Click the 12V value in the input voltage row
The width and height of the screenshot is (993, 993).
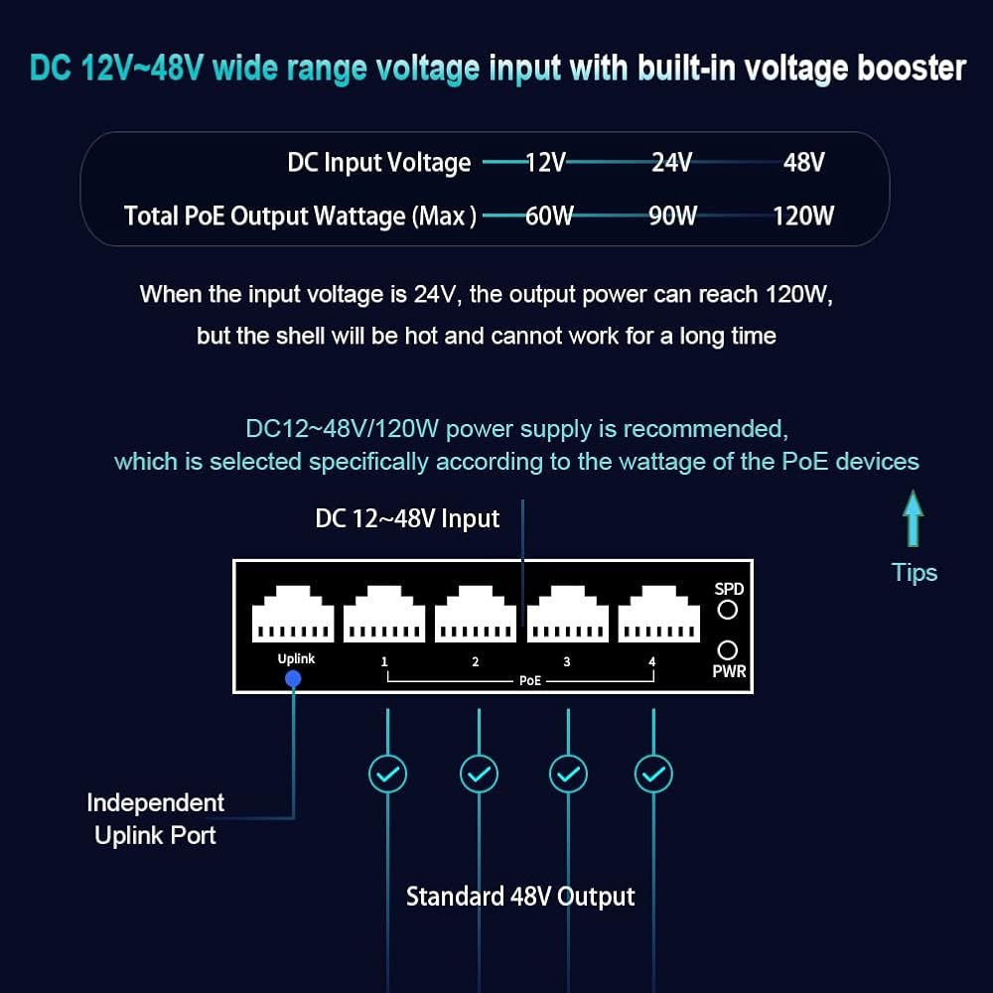point(545,163)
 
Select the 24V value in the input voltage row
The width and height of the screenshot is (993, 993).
point(672,163)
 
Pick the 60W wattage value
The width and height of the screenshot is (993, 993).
point(549,215)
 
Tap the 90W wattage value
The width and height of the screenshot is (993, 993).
point(672,215)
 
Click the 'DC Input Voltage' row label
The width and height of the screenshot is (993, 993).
point(378,163)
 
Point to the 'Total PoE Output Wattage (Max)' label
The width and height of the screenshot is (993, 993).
point(300,216)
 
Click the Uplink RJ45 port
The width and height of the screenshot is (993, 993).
point(293,614)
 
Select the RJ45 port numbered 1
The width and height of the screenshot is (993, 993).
point(383,614)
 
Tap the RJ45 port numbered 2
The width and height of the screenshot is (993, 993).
point(475,614)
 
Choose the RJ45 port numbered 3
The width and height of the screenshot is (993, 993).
point(567,614)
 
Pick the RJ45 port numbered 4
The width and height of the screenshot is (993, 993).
point(658,614)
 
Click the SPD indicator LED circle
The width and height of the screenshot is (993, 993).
point(728,610)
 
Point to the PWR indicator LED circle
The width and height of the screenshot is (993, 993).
point(728,650)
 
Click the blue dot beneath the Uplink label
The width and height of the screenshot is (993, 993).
point(293,679)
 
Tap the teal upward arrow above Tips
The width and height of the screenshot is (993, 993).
point(913,518)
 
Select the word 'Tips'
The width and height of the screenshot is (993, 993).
point(914,573)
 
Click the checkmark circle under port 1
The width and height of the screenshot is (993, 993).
point(387,774)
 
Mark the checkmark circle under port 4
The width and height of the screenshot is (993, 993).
point(653,774)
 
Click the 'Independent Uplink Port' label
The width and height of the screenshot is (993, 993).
point(155,819)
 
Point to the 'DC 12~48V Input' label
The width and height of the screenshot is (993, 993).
point(407,518)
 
